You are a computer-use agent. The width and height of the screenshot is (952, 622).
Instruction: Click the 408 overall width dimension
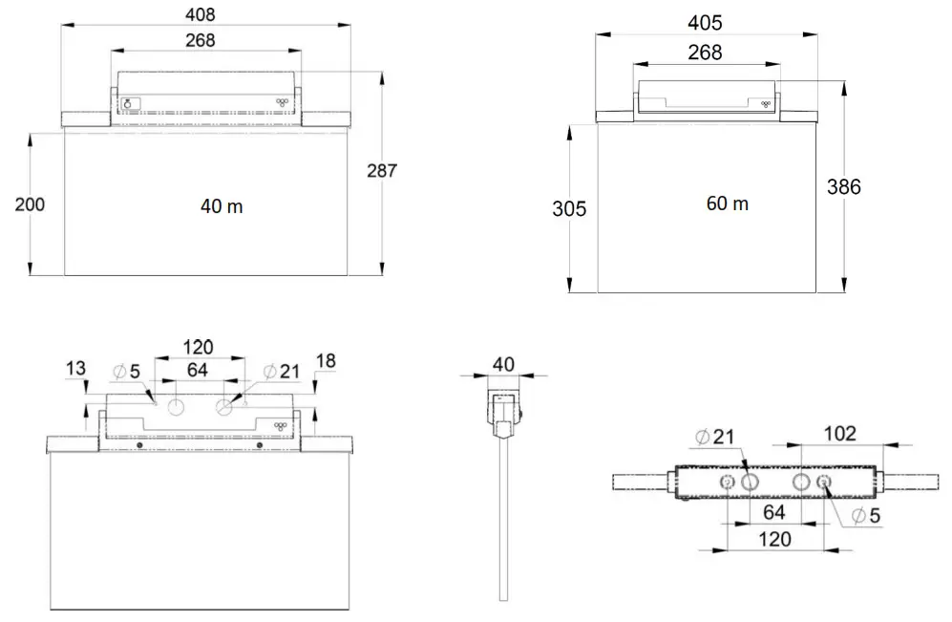click(201, 14)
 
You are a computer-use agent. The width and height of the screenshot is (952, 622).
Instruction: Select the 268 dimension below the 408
click(201, 40)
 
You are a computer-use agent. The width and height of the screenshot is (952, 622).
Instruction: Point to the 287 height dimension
click(381, 171)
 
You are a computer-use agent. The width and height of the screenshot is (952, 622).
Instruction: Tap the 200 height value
click(30, 204)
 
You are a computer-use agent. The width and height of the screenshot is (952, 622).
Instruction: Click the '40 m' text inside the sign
click(222, 206)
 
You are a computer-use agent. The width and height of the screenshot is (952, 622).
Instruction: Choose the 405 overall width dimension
click(705, 22)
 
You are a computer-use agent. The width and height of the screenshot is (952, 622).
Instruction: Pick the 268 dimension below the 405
click(705, 53)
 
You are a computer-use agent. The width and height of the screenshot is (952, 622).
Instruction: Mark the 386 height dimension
click(843, 187)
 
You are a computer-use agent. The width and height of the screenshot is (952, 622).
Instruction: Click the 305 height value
click(569, 209)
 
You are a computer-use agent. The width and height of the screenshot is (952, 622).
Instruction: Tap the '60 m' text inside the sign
click(728, 204)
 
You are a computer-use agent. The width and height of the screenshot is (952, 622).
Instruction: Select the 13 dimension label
click(76, 368)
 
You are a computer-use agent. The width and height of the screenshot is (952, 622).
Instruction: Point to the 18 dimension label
click(326, 360)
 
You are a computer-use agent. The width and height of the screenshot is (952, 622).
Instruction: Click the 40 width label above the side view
click(503, 363)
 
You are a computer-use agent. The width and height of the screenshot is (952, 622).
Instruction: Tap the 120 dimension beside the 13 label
click(199, 347)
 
